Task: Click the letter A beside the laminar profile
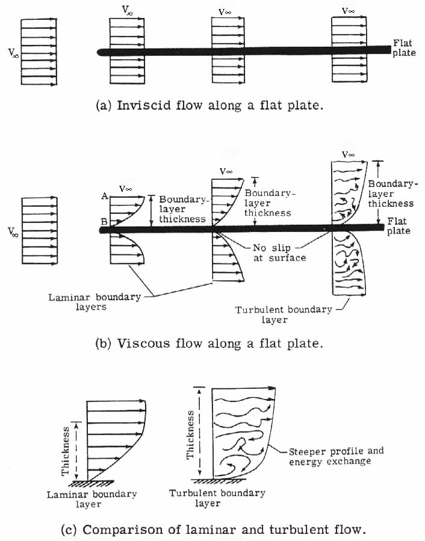point(105,195)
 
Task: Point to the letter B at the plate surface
point(104,222)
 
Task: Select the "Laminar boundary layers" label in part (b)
point(95,302)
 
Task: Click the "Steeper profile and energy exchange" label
point(336,456)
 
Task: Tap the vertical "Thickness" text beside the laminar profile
point(67,448)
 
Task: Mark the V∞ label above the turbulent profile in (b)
point(348,154)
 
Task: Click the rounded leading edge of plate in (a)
point(101,52)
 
